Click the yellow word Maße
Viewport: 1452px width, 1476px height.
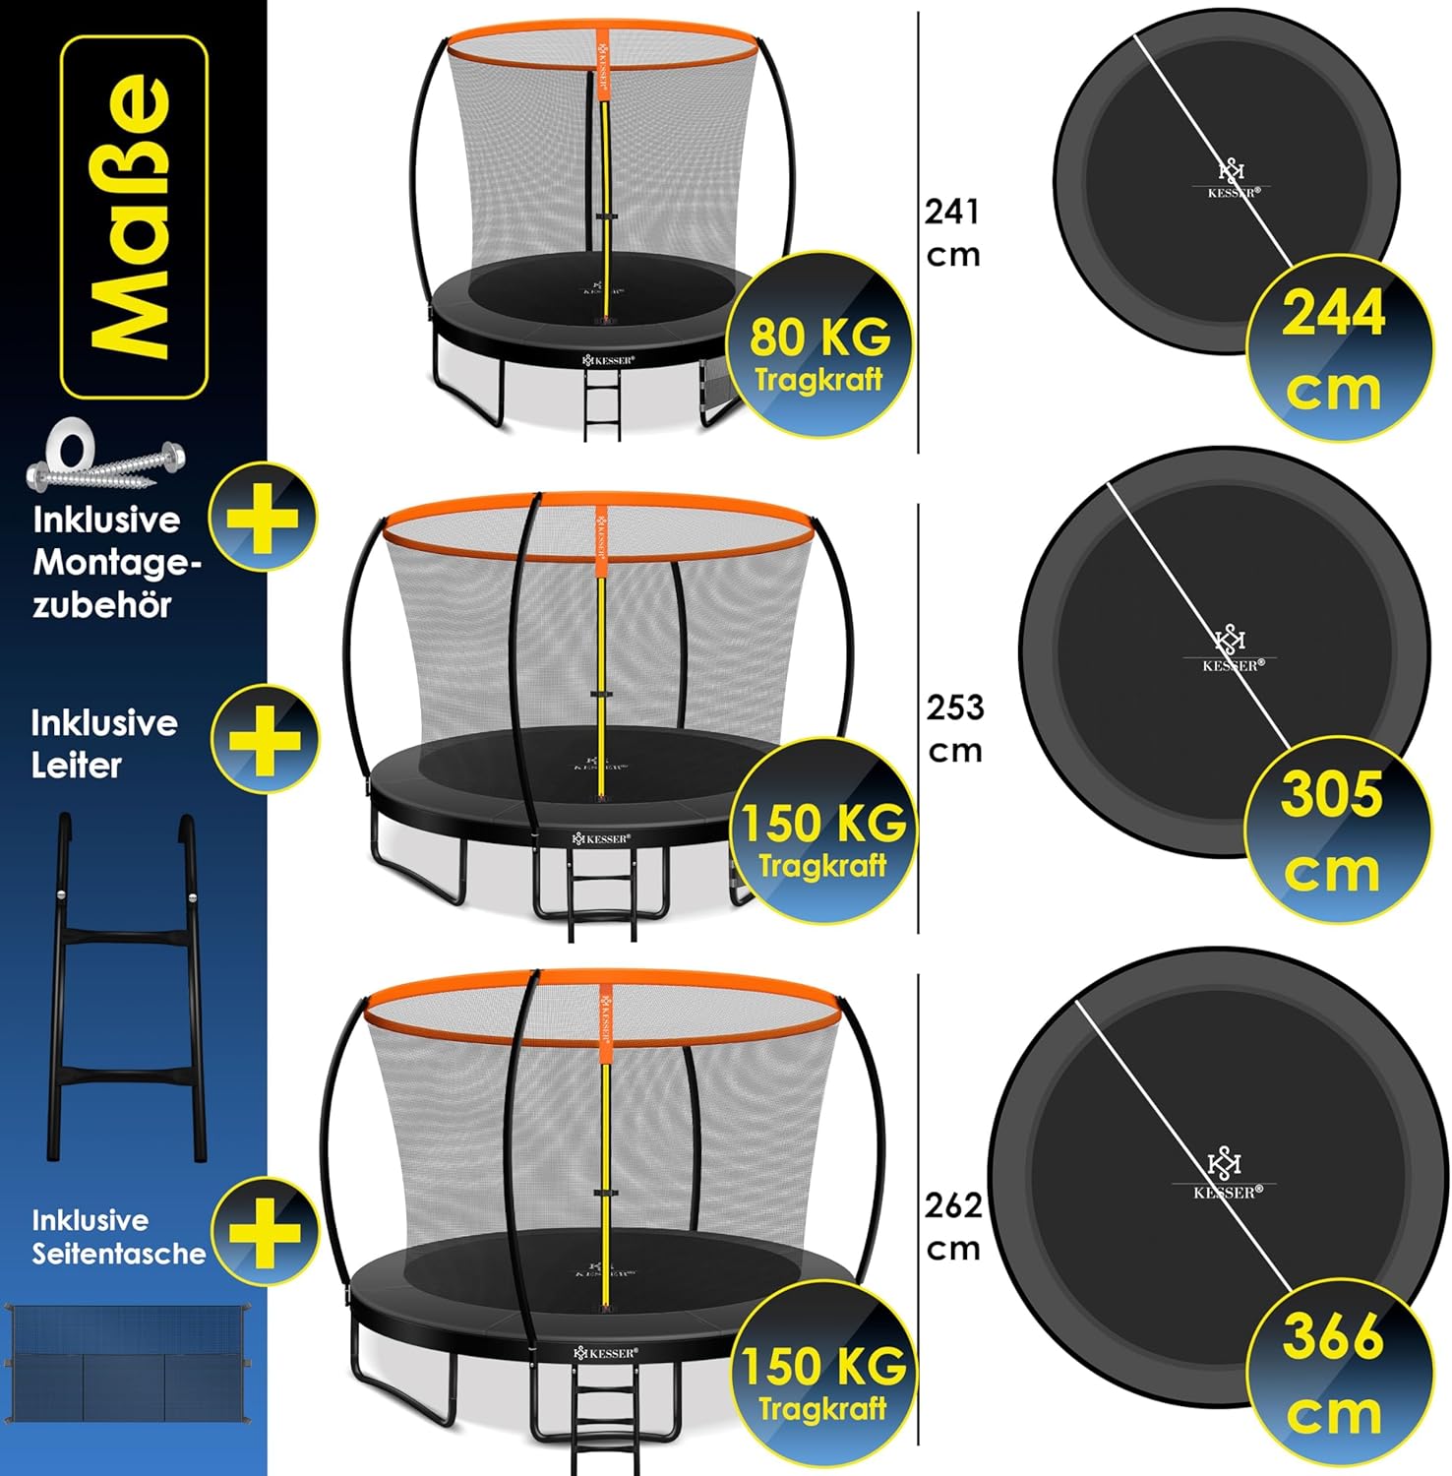tap(133, 215)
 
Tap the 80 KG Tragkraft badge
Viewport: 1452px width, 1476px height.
tap(818, 345)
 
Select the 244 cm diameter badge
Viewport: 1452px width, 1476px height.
tap(1336, 347)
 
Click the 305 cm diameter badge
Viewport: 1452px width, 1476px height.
tap(1334, 829)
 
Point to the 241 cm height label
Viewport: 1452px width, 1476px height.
tap(952, 232)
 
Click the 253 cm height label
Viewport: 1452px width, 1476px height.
tap(954, 728)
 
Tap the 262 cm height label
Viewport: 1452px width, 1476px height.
tap(953, 1226)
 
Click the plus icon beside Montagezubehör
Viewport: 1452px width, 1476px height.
tap(264, 517)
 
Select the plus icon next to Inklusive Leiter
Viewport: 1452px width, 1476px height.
tap(266, 738)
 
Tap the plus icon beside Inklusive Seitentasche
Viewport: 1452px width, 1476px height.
tap(266, 1231)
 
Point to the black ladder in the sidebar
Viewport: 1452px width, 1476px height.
tap(128, 987)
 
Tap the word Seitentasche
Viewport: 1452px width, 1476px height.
tap(119, 1254)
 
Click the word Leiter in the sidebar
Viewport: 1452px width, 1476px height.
tap(77, 766)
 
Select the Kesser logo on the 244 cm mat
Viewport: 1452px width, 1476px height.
tap(1233, 179)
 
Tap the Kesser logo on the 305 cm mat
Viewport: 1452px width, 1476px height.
tap(1232, 648)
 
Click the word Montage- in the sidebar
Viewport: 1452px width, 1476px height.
tap(117, 563)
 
